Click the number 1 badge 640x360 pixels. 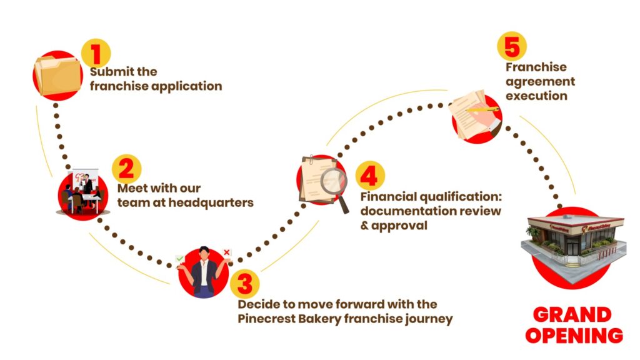click(x=96, y=54)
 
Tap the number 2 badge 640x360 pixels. click(x=126, y=169)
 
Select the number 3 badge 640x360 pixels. click(x=245, y=284)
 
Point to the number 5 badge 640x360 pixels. click(x=512, y=46)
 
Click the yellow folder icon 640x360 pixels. click(x=58, y=76)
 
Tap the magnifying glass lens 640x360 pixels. click(x=333, y=181)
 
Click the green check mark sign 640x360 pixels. click(x=179, y=259)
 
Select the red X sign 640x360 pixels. click(x=226, y=252)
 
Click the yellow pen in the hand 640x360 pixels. click(x=482, y=109)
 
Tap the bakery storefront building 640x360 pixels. click(x=574, y=245)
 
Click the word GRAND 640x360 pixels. click(x=572, y=315)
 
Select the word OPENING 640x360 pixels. click(x=574, y=335)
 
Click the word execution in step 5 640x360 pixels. click(x=536, y=96)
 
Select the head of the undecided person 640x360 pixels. click(x=204, y=254)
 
